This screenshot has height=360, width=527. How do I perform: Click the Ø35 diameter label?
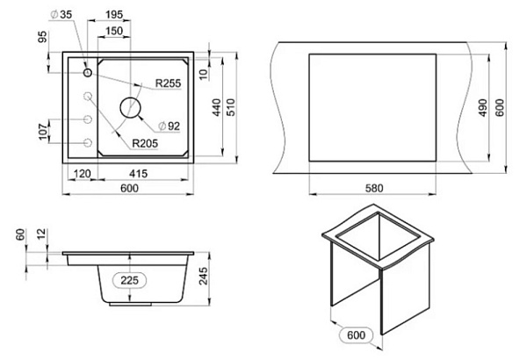point(61,14)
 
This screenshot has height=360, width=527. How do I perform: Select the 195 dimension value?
point(114,15)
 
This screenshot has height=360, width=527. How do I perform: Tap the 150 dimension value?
point(114,31)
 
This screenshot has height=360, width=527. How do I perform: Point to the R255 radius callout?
point(168,83)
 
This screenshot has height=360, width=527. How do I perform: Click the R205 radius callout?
point(145,143)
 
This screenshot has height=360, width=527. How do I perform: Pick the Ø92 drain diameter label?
point(170,126)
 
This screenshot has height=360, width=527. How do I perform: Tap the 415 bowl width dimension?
point(138,174)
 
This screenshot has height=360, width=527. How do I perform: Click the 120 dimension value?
point(82,174)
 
